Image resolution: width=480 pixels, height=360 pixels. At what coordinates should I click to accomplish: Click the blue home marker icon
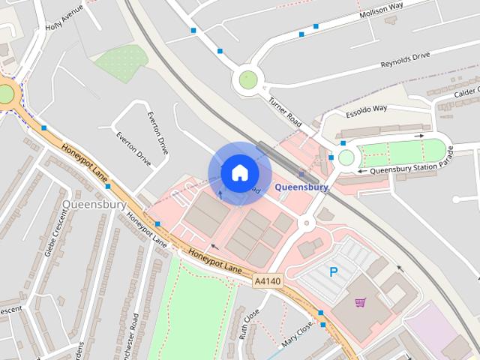[x=239, y=173]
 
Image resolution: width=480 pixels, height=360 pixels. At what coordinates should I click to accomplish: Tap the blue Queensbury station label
[x=301, y=187]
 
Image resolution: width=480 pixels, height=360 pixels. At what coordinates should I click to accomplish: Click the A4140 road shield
[x=266, y=281]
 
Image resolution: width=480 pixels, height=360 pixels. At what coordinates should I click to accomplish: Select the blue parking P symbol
[x=334, y=271]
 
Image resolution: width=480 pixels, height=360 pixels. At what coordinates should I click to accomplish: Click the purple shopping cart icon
[x=361, y=303]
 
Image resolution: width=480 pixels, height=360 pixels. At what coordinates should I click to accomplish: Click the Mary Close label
[x=296, y=329]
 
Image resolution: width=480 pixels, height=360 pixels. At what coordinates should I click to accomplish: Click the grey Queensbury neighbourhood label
[x=88, y=204]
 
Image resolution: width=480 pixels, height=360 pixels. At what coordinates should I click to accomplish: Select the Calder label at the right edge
[x=465, y=91]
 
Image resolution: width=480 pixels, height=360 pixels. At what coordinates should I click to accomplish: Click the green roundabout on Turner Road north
[x=248, y=79]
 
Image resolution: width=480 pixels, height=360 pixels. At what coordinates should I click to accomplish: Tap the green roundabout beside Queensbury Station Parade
[x=346, y=157]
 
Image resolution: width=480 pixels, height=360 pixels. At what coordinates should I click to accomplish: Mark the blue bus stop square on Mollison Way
[x=315, y=26]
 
